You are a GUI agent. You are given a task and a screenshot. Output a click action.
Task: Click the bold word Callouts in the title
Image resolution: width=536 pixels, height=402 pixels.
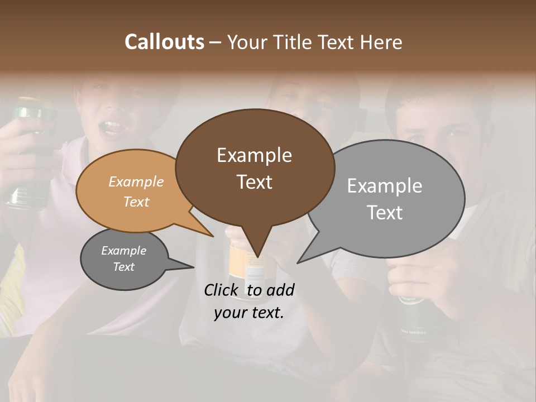164,42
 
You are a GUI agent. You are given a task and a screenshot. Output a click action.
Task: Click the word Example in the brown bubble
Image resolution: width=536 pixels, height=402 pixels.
254,155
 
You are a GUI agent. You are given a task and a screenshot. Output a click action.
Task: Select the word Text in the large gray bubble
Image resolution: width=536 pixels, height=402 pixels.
384,213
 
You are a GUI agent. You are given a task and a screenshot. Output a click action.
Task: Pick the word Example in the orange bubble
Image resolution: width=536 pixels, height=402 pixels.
136,181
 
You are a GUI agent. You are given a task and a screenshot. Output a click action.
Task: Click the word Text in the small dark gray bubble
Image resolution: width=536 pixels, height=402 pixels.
123,267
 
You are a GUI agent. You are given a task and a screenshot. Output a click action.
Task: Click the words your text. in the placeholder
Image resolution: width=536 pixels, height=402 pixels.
248,313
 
